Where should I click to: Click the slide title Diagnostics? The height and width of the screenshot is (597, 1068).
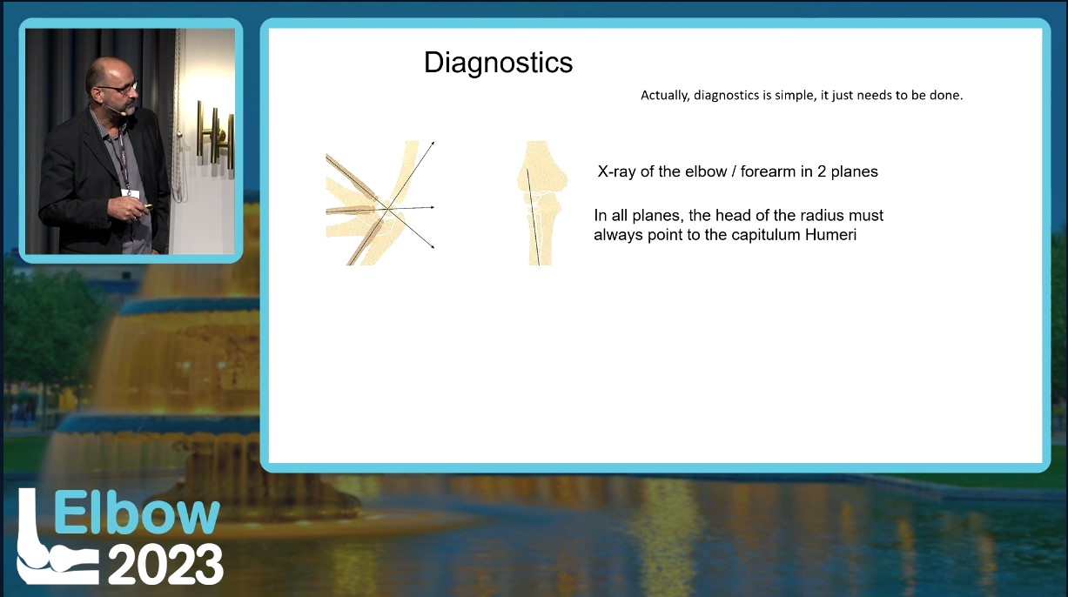pyautogui.click(x=498, y=63)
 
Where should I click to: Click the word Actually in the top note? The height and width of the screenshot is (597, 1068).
pyautogui.click(x=665, y=96)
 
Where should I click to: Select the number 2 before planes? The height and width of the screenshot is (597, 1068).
pyautogui.click(x=822, y=171)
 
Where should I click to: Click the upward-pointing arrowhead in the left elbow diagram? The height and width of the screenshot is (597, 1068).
pyautogui.click(x=432, y=143)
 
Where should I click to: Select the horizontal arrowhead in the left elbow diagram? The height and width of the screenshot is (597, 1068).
pyautogui.click(x=432, y=207)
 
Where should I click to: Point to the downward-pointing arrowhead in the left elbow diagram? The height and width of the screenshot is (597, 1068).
pyautogui.click(x=432, y=246)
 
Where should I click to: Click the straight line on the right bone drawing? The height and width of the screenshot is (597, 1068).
pyautogui.click(x=533, y=217)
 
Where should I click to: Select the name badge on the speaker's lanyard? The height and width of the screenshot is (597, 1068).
pyautogui.click(x=130, y=193)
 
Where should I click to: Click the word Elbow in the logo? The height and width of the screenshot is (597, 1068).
pyautogui.click(x=137, y=513)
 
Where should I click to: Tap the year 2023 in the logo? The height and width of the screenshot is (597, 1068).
pyautogui.click(x=165, y=564)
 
